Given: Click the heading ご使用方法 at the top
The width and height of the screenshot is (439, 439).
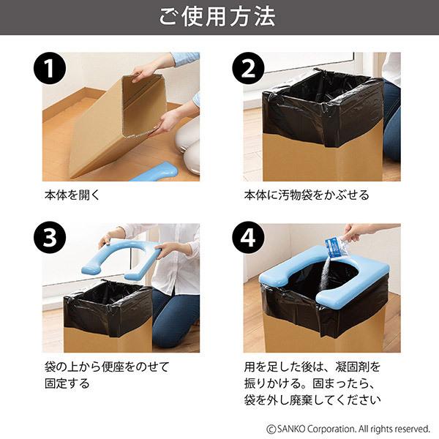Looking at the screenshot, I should point(219,17).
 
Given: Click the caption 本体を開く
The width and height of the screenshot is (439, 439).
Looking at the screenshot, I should point(72,195).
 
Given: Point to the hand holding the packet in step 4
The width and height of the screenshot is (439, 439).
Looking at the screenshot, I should point(359,233).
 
